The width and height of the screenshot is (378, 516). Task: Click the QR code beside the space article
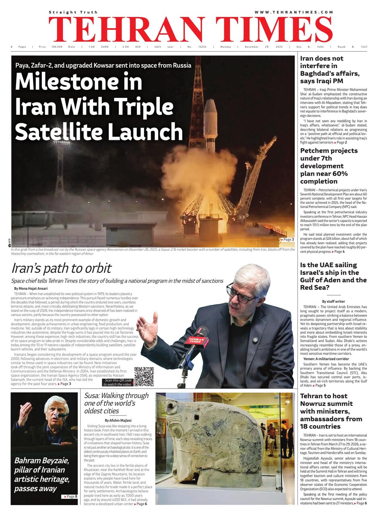pyautogui.click(x=144, y=377)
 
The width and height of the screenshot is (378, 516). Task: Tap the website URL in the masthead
pyautogui.click(x=293, y=12)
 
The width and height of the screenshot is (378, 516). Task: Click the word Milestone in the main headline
pyautogui.click(x=78, y=82)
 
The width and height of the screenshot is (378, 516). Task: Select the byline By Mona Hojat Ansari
pyautogui.click(x=31, y=289)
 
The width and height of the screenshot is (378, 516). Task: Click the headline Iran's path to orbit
pyautogui.click(x=61, y=268)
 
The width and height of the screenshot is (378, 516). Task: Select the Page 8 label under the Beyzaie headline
pyautogui.click(x=70, y=496)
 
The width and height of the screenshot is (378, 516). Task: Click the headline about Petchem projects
pyautogui.click(x=329, y=166)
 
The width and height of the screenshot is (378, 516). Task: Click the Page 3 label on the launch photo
pyautogui.click(x=287, y=239)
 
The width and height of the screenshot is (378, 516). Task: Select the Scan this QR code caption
pyautogui.click(x=118, y=382)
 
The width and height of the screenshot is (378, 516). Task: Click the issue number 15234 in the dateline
pyautogui.click(x=202, y=47)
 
